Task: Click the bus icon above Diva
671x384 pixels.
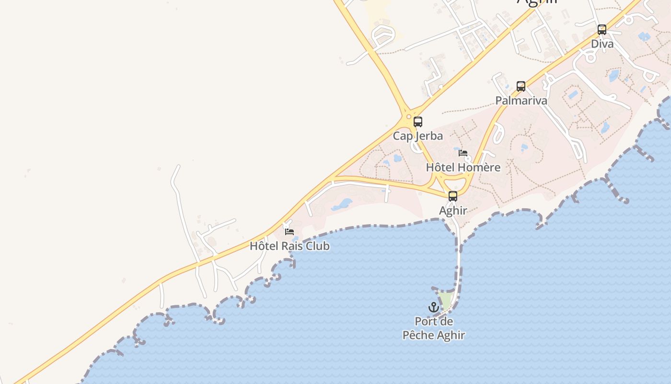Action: [x=602, y=30]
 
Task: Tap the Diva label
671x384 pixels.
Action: [x=602, y=44]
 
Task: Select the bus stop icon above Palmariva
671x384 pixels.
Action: [x=521, y=86]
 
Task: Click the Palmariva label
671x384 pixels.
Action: [x=521, y=101]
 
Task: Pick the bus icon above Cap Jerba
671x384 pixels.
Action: [x=418, y=122]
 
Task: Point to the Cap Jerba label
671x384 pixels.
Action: [x=418, y=136]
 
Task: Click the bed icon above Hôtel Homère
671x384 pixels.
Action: [x=463, y=153]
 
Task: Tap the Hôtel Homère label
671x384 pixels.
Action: [x=463, y=168]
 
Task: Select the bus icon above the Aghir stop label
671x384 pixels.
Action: [x=453, y=196]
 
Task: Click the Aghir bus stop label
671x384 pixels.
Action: [x=453, y=210]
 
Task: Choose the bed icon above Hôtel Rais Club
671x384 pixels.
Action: [x=289, y=231]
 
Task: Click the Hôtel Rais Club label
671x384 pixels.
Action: [x=289, y=246]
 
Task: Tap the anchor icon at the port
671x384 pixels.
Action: [x=433, y=307]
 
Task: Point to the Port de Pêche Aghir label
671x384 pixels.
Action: [x=434, y=328]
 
